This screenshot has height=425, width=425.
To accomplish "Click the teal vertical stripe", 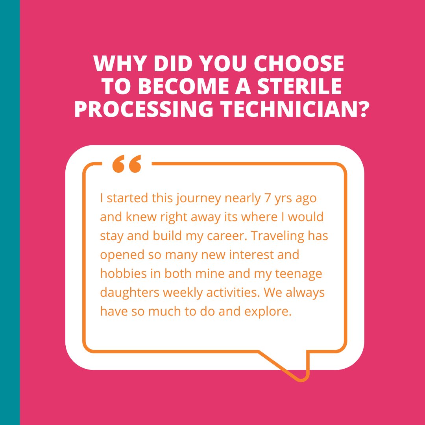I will click(10, 213).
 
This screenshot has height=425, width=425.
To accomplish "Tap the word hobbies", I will click(119, 273).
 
